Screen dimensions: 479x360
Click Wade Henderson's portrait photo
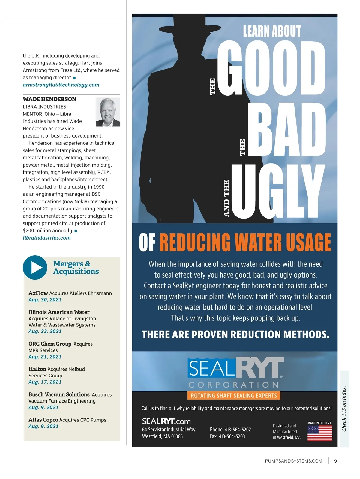(x=108, y=112)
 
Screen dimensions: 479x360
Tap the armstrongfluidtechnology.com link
(x=61, y=85)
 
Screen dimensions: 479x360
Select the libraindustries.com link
(x=47, y=238)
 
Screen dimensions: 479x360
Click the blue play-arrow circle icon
(x=35, y=267)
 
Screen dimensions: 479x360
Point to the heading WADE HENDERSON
(x=49, y=99)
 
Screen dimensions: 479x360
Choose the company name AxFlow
(x=38, y=293)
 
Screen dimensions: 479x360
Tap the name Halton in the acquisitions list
(x=37, y=369)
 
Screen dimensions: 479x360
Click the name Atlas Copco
(x=43, y=420)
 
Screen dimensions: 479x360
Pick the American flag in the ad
(x=320, y=433)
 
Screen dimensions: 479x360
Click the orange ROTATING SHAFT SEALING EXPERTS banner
(x=234, y=395)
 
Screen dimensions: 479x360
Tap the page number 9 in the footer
(x=335, y=461)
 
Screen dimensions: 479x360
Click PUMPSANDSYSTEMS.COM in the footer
(x=293, y=461)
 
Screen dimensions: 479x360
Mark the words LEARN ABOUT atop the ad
(x=272, y=31)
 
